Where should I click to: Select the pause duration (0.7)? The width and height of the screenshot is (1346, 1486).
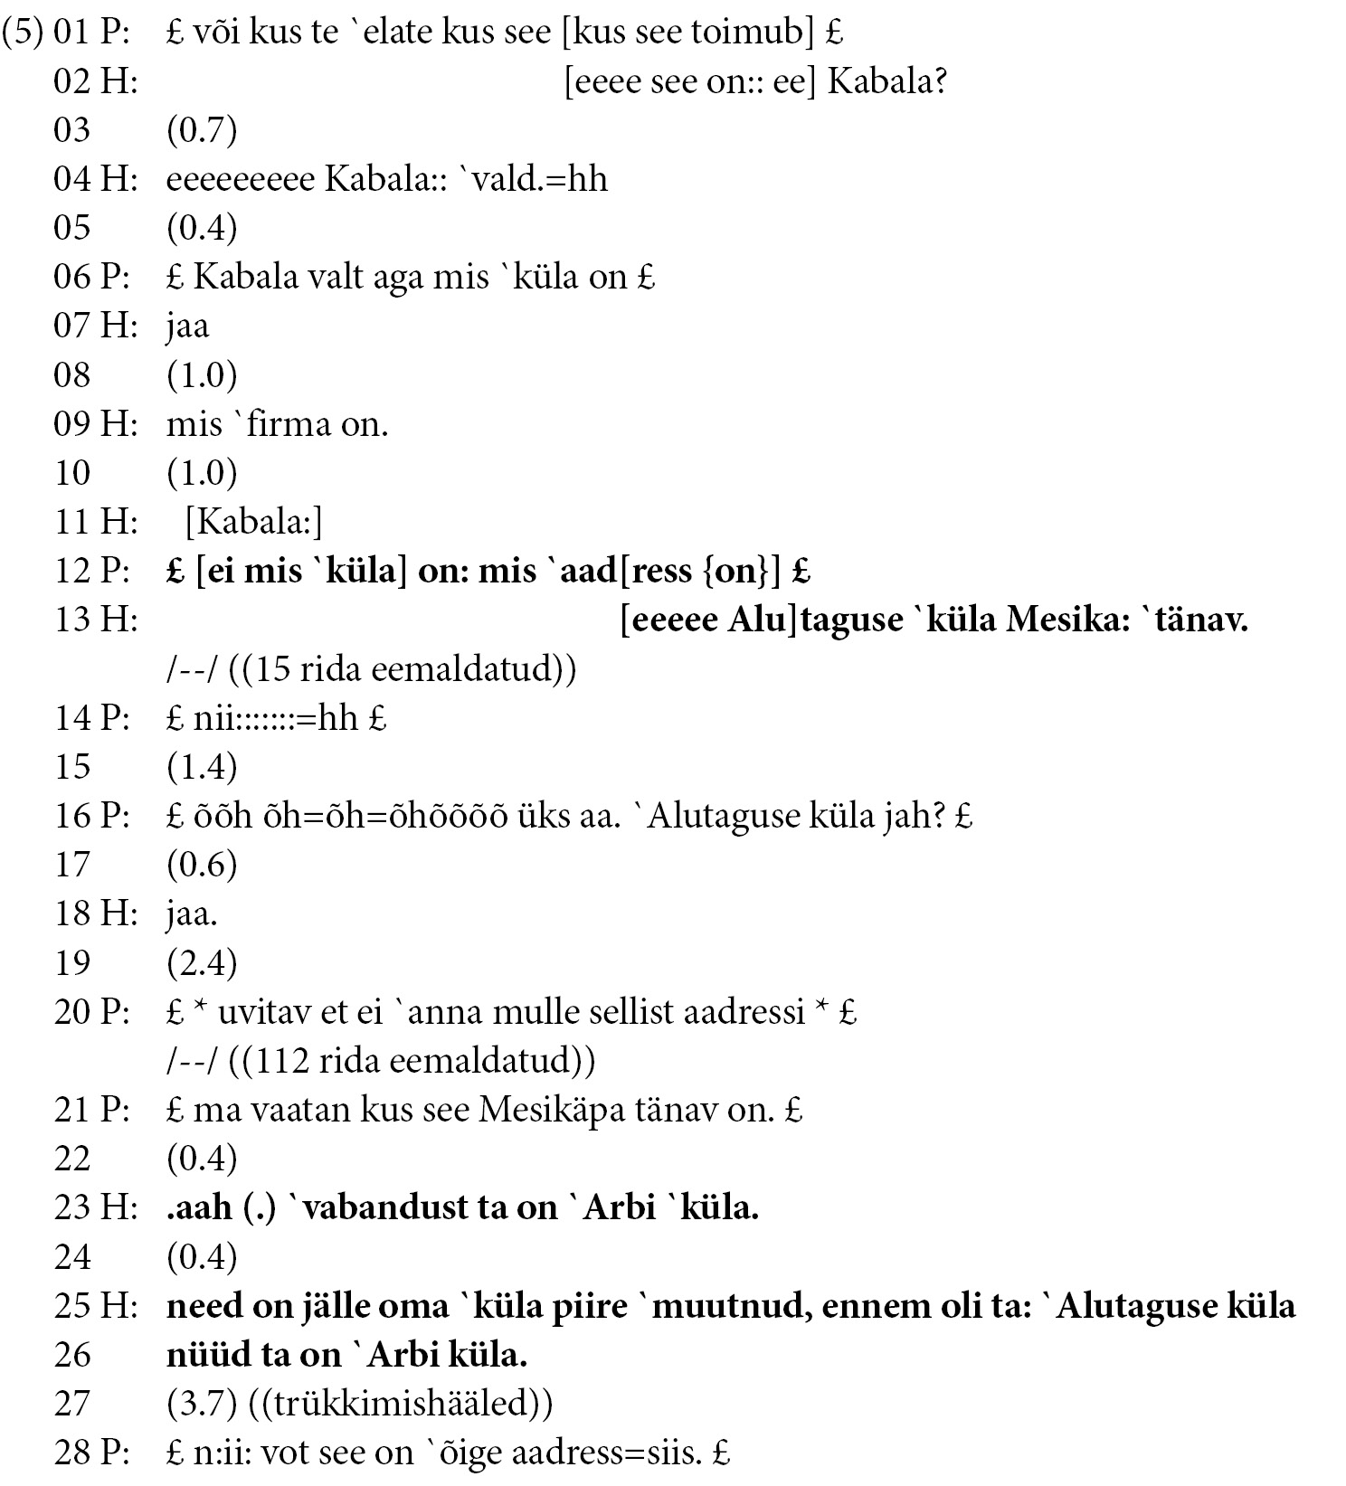pos(201,130)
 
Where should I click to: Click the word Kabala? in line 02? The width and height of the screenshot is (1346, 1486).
pos(886,81)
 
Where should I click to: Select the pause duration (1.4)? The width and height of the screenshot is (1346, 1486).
pos(201,767)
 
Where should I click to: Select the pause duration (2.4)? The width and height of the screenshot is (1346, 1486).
pos(201,962)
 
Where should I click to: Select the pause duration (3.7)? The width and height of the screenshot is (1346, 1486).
pos(201,1404)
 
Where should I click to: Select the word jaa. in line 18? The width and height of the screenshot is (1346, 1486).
pos(191,913)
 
